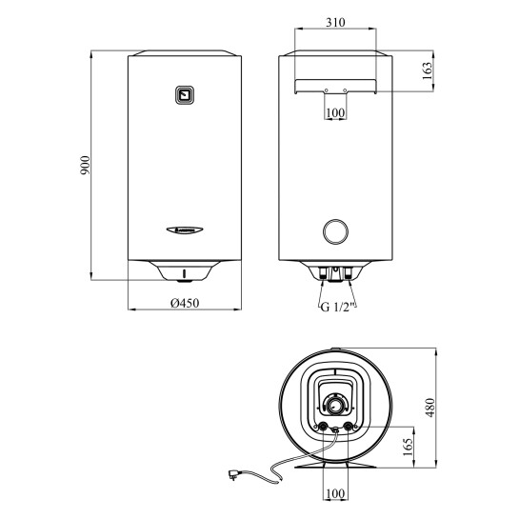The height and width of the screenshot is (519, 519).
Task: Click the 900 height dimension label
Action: [86, 165]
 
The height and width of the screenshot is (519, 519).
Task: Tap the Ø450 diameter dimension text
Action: [185, 303]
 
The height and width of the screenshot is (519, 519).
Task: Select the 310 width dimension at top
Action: [335, 22]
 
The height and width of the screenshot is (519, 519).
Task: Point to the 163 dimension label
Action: [428, 70]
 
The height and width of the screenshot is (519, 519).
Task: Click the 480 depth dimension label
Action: [429, 408]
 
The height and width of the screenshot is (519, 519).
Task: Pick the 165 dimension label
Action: [409, 447]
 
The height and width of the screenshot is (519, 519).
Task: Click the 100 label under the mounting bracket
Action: [335, 113]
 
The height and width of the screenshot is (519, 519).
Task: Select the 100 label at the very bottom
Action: [335, 493]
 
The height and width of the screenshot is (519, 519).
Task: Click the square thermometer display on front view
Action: [185, 95]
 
